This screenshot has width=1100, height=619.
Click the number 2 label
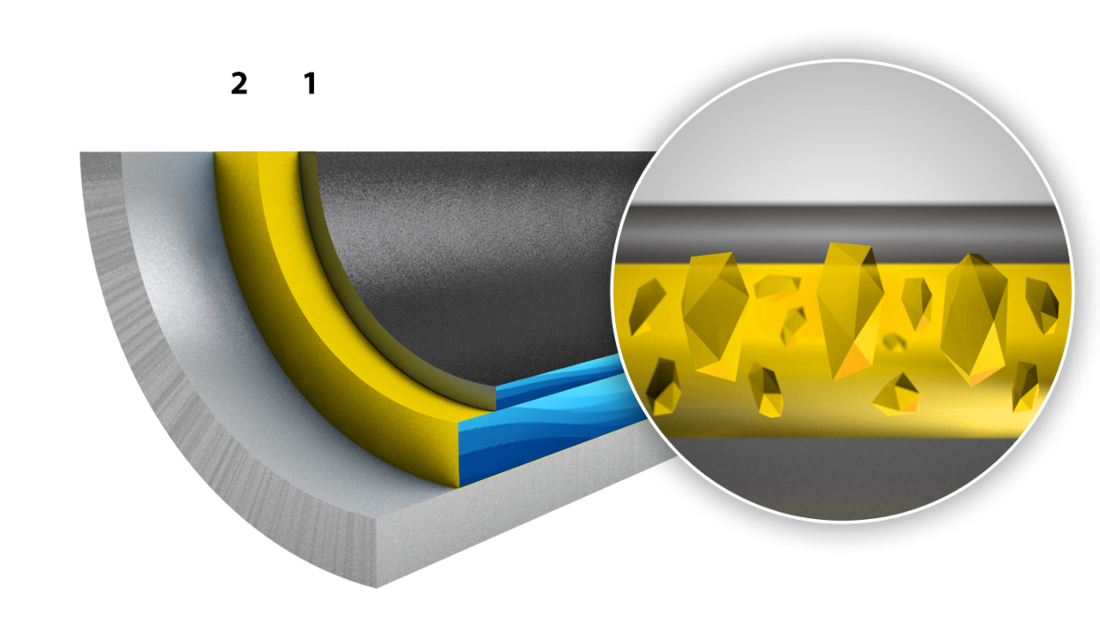239,83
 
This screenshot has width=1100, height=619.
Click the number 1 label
311,83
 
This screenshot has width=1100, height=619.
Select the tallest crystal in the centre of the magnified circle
850,310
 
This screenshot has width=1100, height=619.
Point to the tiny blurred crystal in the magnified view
894,342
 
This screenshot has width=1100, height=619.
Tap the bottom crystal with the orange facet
896,394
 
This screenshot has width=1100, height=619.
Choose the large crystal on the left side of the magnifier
714,315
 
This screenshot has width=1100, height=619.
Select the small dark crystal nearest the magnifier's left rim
646,307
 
